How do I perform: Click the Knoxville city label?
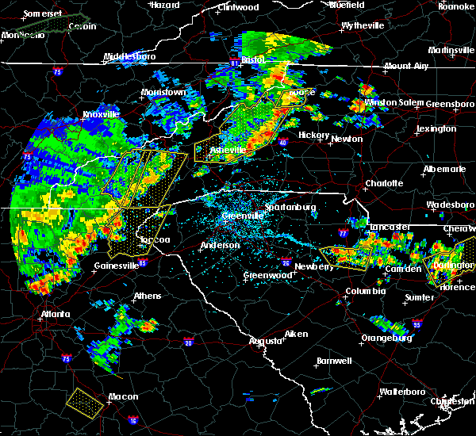point(101,114)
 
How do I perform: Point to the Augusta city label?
point(266,341)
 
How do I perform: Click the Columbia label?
point(365,292)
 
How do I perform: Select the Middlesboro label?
point(132,57)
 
